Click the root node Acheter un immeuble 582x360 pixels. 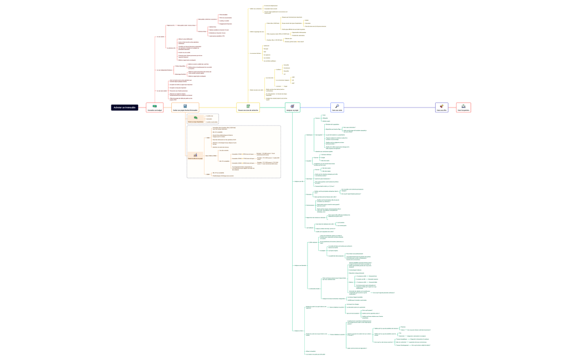point(124,107)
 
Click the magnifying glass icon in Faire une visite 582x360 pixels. point(337,105)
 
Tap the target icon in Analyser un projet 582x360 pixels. point(293,105)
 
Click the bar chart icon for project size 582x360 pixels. point(195,156)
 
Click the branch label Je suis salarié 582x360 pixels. point(160,37)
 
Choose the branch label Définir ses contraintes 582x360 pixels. point(256,9)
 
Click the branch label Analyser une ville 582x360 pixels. point(299,181)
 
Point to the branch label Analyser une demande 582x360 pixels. point(300,266)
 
